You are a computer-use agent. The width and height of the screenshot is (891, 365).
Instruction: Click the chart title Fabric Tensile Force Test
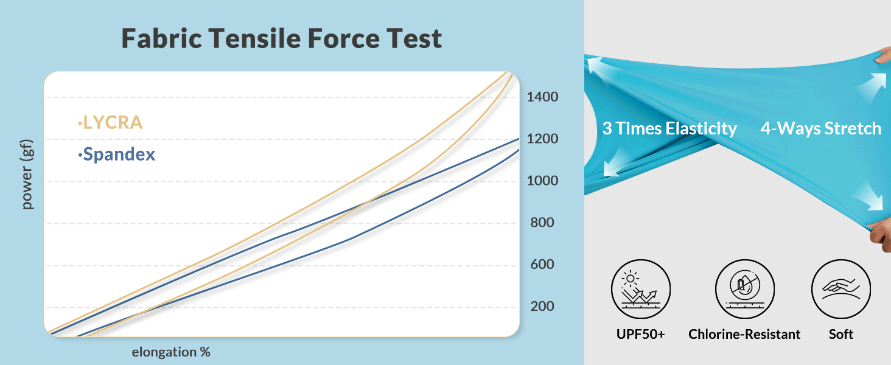pos(282,38)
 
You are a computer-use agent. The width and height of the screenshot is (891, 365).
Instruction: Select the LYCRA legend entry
pos(111,122)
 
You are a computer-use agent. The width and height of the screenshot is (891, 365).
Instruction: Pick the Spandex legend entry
pos(116,155)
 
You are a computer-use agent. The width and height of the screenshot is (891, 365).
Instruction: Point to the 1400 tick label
pos(542,97)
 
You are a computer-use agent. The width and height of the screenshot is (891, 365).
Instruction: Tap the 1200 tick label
pos(542,138)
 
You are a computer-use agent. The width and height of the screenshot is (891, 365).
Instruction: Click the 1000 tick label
pos(542,181)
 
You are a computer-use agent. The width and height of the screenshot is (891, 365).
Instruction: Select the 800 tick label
pos(542,222)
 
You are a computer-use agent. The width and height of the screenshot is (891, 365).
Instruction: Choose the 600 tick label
pos(542,264)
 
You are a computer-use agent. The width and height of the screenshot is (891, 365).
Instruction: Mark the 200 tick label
pos(542,306)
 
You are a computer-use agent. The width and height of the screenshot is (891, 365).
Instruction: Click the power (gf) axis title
pos(27,174)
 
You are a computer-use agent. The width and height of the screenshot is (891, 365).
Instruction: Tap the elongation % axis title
pos(171,352)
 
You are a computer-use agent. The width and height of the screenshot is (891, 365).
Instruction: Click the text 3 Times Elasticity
pos(669,128)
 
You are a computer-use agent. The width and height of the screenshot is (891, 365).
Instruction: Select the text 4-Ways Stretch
pos(821,128)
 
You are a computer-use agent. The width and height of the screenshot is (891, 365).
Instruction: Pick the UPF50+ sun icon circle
pos(641,289)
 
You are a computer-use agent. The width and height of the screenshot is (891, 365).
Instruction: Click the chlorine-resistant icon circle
pos(745,289)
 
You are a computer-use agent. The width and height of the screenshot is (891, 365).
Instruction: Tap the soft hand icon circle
pos(841,289)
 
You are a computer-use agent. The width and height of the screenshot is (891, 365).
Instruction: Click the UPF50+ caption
pos(640,335)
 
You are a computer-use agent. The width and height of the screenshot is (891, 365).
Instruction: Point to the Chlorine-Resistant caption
pos(744,335)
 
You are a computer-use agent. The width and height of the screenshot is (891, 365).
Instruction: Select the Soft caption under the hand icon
pos(841,335)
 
